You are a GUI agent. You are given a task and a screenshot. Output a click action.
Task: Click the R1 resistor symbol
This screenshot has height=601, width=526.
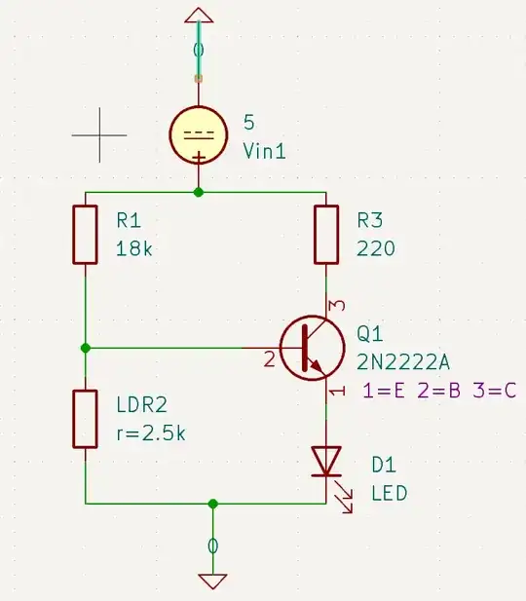point(86,235)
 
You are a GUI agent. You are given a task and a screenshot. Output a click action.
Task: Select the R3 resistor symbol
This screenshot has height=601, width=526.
point(325,235)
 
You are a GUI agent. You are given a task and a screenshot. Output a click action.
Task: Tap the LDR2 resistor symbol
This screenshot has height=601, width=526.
point(86,419)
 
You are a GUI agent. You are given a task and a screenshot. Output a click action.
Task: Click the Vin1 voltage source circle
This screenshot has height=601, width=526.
point(199,135)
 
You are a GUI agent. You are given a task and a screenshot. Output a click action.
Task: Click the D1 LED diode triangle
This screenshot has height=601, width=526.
point(325,460)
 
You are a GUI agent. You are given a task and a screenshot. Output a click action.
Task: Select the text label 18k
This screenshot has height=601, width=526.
point(134,248)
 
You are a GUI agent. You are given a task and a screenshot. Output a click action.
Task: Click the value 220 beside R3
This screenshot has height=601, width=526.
point(376,248)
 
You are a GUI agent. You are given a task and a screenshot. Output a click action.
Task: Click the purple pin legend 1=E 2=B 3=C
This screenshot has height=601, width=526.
point(439,392)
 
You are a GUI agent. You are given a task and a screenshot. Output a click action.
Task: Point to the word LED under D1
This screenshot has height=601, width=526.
point(389,493)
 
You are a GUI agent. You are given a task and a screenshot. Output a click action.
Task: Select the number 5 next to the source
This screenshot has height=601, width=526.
point(248,124)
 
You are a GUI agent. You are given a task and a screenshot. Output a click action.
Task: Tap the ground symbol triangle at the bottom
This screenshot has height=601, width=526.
point(212,581)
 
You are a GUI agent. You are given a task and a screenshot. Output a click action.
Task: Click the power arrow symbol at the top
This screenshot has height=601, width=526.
point(199,15)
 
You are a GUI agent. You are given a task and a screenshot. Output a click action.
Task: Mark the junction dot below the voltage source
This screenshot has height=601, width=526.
point(199,192)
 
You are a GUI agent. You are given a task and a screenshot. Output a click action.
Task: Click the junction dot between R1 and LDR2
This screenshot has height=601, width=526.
point(86,348)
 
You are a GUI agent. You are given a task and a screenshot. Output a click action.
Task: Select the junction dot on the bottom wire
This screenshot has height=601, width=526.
point(212,504)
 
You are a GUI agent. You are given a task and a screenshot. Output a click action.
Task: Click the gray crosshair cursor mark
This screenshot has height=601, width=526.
point(99,134)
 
